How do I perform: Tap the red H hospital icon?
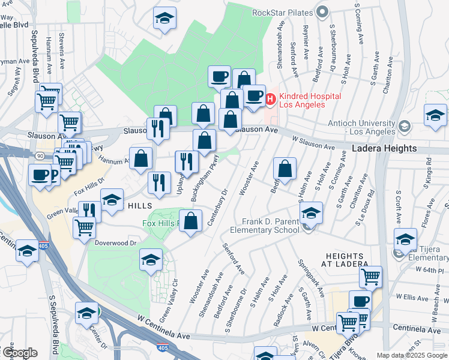click(271, 99)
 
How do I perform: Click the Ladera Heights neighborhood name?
click(384, 148)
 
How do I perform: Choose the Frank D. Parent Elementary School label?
click(264, 226)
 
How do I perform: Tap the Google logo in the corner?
click(19, 353)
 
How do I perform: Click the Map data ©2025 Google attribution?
click(412, 355)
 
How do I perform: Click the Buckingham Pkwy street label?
click(203, 175)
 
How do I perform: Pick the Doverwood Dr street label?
click(116, 242)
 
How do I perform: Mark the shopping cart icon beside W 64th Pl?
click(371, 277)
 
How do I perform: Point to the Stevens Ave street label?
click(62, 53)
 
